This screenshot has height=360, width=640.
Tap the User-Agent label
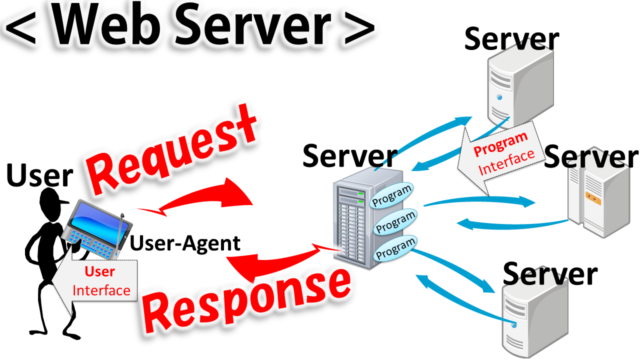pos(185,243)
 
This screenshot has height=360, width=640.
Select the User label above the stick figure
pos(40,176)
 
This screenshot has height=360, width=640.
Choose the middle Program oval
pos(395,221)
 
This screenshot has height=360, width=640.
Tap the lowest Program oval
pos(395,247)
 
